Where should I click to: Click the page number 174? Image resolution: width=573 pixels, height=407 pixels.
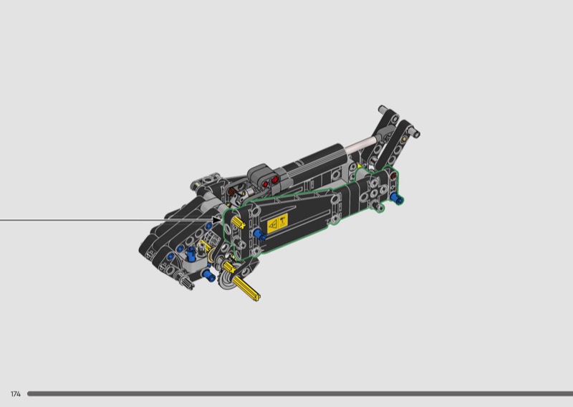point(16,394)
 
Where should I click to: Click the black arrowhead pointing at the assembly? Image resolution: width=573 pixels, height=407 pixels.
point(217,220)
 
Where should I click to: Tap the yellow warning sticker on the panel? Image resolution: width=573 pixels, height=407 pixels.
point(278,223)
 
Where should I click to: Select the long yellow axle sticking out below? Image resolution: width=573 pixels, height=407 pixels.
point(246,288)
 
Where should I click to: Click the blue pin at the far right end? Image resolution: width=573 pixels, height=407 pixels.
point(397,198)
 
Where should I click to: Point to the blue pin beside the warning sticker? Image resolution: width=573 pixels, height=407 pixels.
point(259,234)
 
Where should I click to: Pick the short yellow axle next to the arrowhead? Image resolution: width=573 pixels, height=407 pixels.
point(238,222)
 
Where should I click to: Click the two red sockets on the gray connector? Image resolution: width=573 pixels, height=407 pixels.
point(270,181)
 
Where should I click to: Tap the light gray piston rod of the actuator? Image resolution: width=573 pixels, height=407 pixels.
point(361,145)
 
